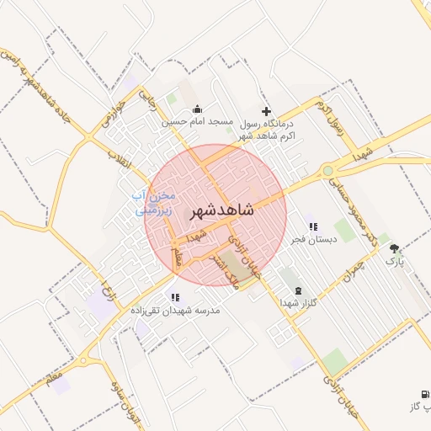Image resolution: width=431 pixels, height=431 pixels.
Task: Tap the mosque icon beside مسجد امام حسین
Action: click(197, 109)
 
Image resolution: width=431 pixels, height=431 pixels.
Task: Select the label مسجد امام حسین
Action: click(197, 122)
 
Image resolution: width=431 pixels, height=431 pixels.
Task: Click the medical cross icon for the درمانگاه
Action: click(267, 111)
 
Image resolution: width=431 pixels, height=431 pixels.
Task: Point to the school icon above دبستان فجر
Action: click(312, 226)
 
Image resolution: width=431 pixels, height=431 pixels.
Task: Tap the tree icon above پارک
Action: click(395, 248)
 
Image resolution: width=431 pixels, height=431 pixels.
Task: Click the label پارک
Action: click(395, 262)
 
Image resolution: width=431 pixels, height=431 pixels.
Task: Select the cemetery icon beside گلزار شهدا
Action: click(296, 290)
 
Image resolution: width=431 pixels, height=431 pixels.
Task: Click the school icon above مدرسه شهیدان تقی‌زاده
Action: click(175, 297)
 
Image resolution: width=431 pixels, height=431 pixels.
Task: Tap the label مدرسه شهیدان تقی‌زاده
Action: click(175, 311)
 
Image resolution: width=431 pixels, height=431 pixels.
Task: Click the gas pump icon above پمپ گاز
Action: click(423, 394)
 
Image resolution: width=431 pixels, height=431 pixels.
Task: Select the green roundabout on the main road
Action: click(327, 172)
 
